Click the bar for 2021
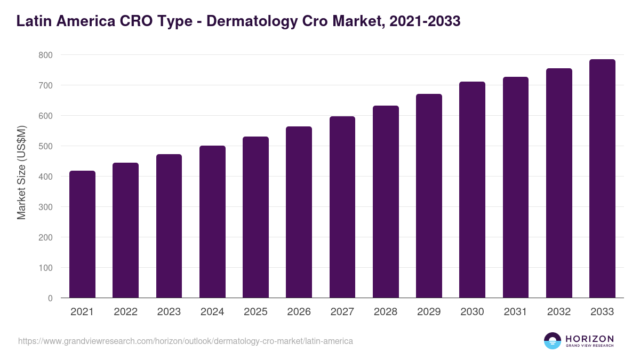pos(82,234)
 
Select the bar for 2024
pos(212,222)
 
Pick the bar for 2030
pos(472,190)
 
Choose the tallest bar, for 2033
pos(602,179)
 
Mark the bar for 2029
pos(429,196)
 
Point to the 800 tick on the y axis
pos(45,55)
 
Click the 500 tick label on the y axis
pos(45,146)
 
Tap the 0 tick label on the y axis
pos(50,298)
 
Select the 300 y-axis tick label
pos(45,207)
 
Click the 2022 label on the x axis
pos(125,312)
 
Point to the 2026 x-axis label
pos(299,312)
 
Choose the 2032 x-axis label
pos(559,312)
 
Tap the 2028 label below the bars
pos(386,312)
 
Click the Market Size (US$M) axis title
pos(21,172)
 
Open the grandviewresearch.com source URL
pos(186,341)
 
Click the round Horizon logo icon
pos(553,341)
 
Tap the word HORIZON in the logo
pos(589,338)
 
